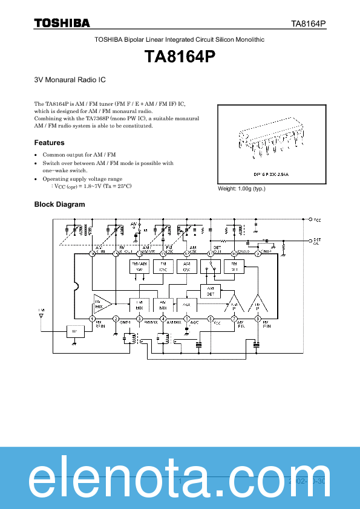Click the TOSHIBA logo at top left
tap(62, 23)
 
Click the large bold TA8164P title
tap(180, 57)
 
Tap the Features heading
tap(49, 143)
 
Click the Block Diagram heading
tap(59, 204)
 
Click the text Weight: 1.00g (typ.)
tap(241, 189)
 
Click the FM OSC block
tap(163, 267)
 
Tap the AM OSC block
tap(186, 267)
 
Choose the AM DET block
tap(210, 291)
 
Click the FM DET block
tap(234, 267)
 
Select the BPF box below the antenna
tap(74, 331)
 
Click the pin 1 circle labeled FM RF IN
tap(93, 319)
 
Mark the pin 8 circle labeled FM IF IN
tap(257, 319)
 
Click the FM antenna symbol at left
tap(42, 314)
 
